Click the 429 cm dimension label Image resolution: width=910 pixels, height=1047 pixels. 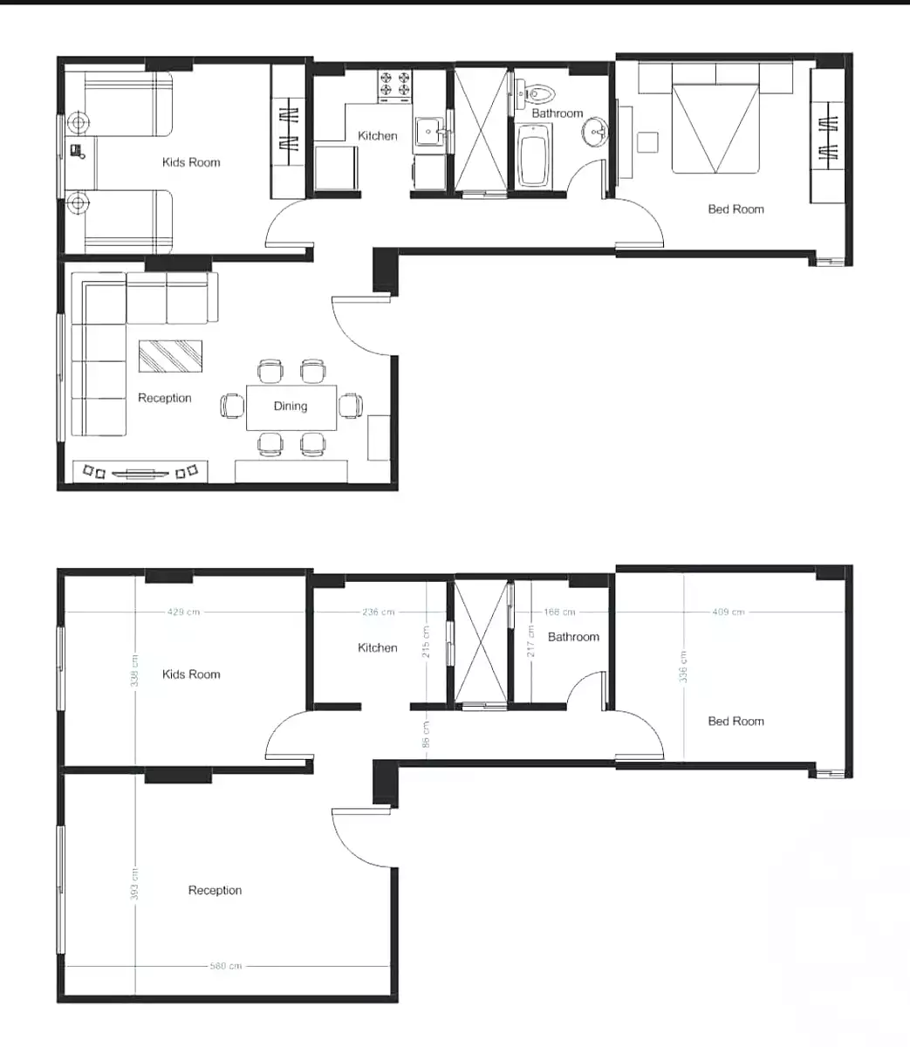pyautogui.click(x=183, y=612)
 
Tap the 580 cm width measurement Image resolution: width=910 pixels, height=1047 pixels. pyautogui.click(x=226, y=966)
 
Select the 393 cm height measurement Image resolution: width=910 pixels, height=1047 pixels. pyautogui.click(x=135, y=886)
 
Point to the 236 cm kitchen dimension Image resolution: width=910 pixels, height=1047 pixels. pyautogui.click(x=378, y=612)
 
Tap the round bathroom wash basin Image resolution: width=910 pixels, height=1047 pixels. pyautogui.click(x=598, y=133)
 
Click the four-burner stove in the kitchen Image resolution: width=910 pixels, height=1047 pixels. pyautogui.click(x=394, y=85)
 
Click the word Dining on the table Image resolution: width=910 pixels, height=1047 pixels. pyautogui.click(x=291, y=406)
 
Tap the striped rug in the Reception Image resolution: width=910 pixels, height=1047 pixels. pyautogui.click(x=171, y=355)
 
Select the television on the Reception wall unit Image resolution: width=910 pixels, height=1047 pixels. pyautogui.click(x=140, y=473)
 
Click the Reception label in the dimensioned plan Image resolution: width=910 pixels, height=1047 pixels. pyautogui.click(x=215, y=890)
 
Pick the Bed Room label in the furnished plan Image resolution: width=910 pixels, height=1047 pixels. pyautogui.click(x=736, y=209)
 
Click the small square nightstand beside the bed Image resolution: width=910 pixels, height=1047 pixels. pyautogui.click(x=647, y=142)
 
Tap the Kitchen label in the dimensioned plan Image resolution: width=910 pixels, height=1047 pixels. pyautogui.click(x=377, y=647)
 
